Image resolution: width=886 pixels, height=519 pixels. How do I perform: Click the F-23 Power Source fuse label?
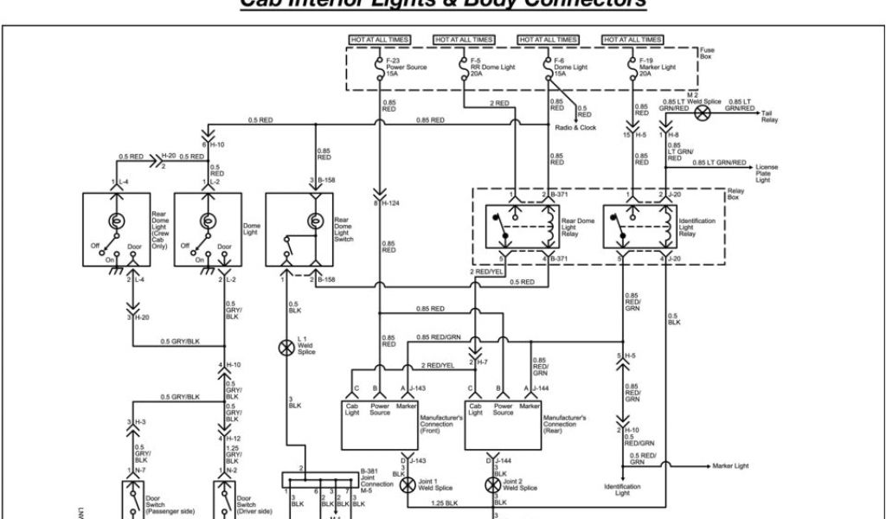[x=404, y=67]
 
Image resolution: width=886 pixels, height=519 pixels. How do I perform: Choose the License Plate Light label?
[x=766, y=173]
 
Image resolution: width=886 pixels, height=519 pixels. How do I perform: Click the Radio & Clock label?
[x=575, y=128]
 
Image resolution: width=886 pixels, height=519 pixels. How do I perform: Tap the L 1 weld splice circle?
[x=286, y=348]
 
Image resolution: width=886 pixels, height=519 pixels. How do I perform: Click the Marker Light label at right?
[x=730, y=465]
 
